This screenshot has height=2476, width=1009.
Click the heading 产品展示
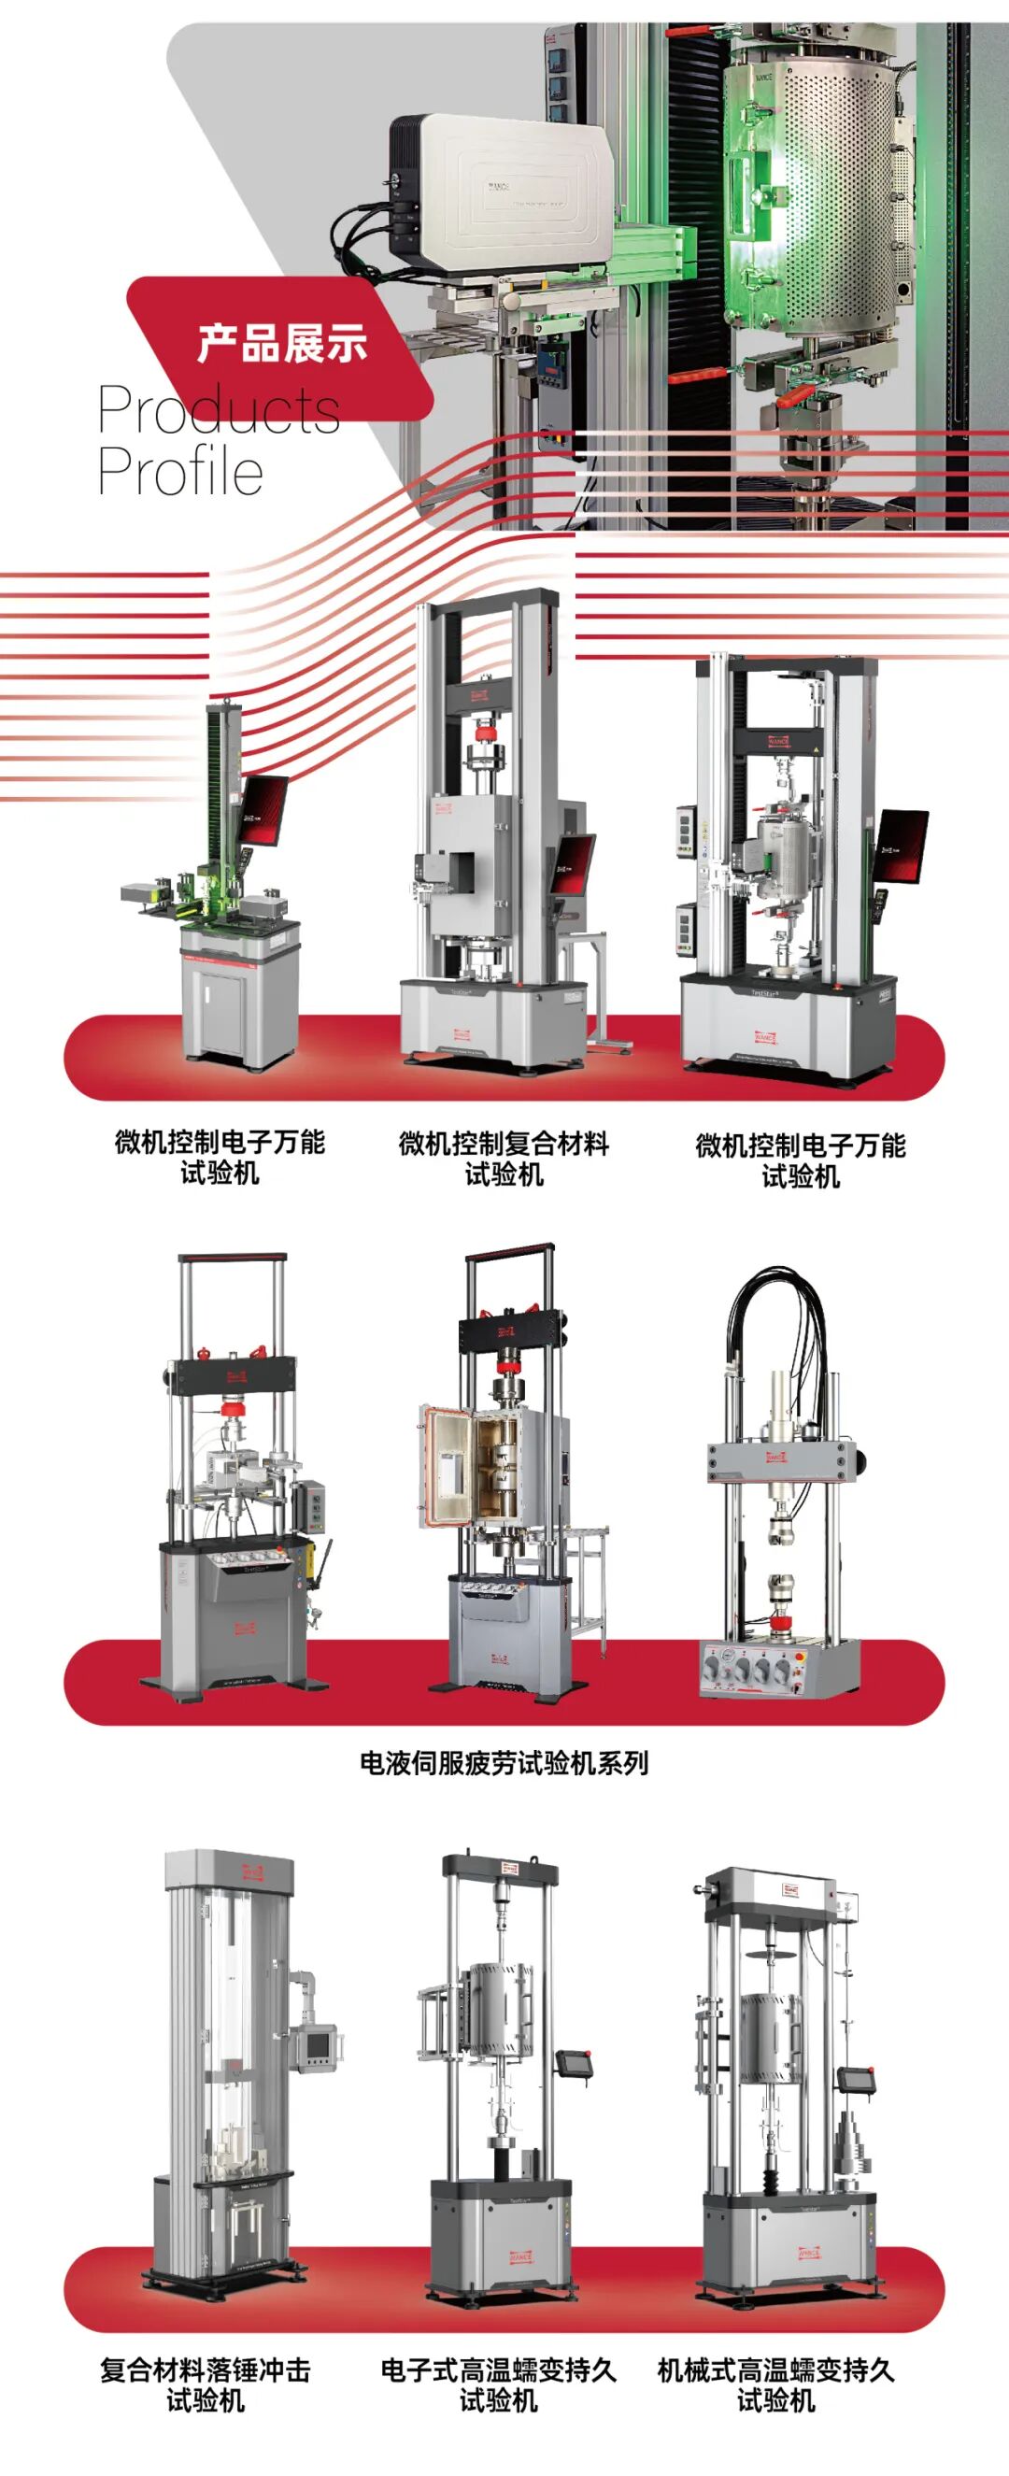[281, 343]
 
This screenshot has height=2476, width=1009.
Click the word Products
[220, 410]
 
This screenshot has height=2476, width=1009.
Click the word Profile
[180, 471]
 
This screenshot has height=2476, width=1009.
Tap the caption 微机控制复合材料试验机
[504, 1159]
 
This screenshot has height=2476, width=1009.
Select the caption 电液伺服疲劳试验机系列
[504, 1763]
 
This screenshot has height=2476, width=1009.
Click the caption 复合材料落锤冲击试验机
[206, 2384]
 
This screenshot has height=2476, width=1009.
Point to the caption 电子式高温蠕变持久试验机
[498, 2384]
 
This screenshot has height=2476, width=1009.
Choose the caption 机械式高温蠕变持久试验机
[775, 2384]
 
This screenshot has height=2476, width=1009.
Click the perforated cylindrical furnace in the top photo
[817, 192]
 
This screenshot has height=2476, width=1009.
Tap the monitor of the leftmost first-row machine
[263, 810]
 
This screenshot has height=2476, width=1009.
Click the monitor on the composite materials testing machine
[572, 863]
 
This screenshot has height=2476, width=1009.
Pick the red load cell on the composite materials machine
[490, 735]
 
